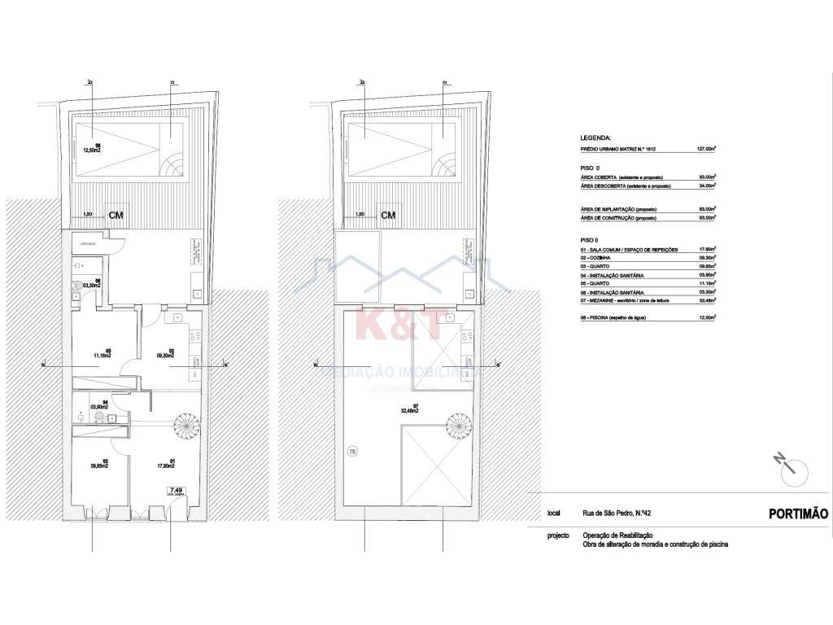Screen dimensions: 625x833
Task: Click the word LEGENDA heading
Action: [x=596, y=139]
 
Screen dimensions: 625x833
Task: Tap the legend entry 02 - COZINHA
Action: [x=600, y=257]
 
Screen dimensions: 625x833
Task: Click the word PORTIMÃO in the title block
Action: [x=797, y=514]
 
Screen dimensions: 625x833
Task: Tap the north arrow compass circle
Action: [x=793, y=469]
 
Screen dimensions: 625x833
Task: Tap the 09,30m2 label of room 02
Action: [x=166, y=356]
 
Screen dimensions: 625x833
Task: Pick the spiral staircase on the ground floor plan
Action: [x=185, y=426]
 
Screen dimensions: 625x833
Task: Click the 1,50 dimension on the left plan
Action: [x=87, y=215]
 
